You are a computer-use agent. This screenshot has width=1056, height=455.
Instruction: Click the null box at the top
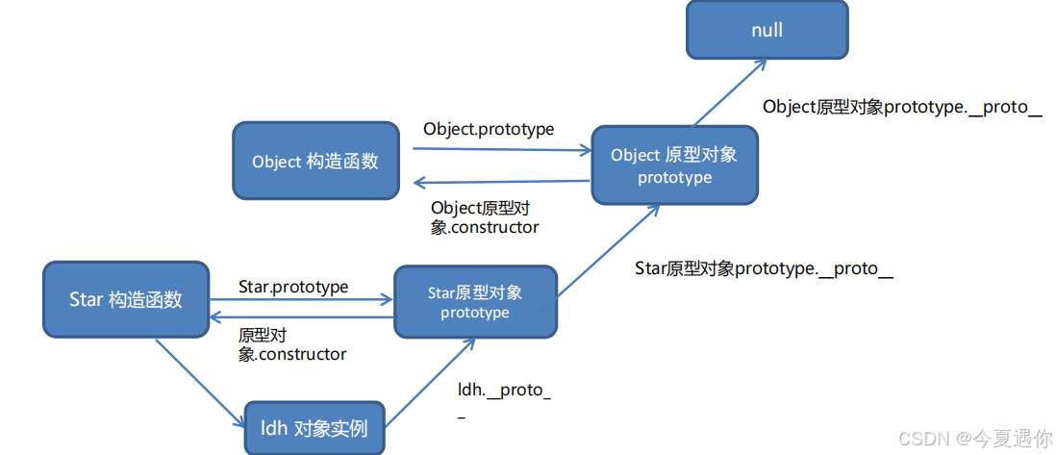click(767, 30)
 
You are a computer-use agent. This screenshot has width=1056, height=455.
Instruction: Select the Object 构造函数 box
click(315, 161)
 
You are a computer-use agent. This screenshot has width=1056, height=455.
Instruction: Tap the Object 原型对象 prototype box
click(674, 165)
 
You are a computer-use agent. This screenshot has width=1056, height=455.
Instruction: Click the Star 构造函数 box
click(126, 299)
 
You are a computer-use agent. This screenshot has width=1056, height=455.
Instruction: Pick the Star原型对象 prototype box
click(475, 302)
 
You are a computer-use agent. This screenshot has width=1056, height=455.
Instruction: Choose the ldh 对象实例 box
click(314, 427)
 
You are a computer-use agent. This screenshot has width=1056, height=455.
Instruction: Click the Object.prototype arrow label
click(489, 129)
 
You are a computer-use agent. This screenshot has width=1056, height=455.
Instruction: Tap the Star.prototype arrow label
click(293, 287)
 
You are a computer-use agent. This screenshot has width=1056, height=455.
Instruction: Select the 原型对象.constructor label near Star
click(291, 344)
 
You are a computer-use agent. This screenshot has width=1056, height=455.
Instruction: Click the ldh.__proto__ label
click(504, 399)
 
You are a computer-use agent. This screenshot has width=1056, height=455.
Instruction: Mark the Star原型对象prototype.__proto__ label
click(764, 269)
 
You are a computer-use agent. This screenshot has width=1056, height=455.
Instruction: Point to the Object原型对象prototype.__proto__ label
click(902, 108)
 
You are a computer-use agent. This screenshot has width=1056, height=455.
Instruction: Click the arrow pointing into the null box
click(730, 91)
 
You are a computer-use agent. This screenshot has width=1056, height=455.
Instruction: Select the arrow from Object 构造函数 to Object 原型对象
click(500, 150)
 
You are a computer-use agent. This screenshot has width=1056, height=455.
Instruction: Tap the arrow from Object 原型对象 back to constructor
click(500, 182)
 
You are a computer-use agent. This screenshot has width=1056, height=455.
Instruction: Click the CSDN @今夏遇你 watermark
click(974, 439)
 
